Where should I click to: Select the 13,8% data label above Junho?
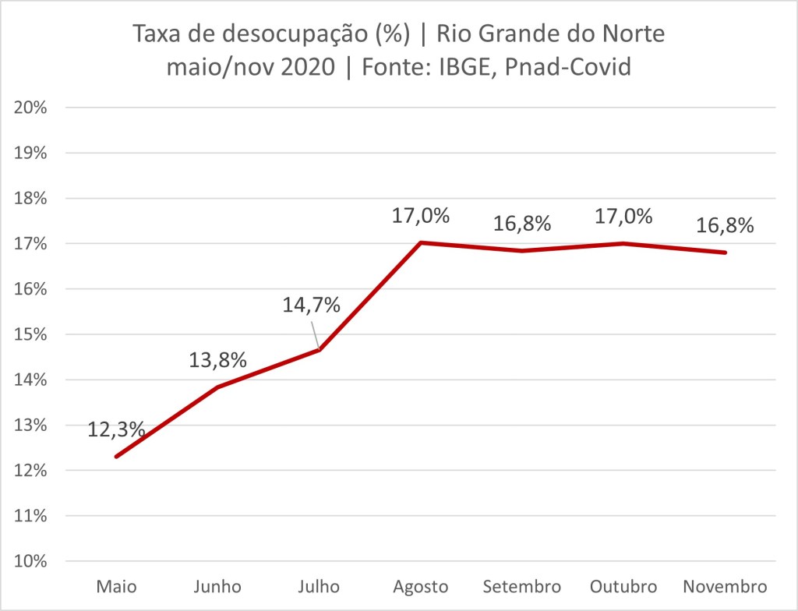(218, 360)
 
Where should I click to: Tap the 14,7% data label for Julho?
(312, 305)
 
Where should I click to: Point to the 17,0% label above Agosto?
(421, 215)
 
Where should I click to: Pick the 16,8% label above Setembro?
(522, 223)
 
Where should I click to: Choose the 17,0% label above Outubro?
(623, 215)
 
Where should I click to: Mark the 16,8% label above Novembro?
(725, 225)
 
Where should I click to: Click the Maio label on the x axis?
(116, 586)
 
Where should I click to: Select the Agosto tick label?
(421, 586)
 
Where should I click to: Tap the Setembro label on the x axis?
(522, 586)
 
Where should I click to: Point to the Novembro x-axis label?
(725, 586)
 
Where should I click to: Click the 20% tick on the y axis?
(32, 108)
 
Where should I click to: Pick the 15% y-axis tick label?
(32, 334)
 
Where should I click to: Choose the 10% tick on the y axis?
(32, 561)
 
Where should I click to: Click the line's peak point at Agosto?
(421, 242)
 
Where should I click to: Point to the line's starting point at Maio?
(116, 457)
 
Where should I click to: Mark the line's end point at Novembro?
(725, 253)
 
